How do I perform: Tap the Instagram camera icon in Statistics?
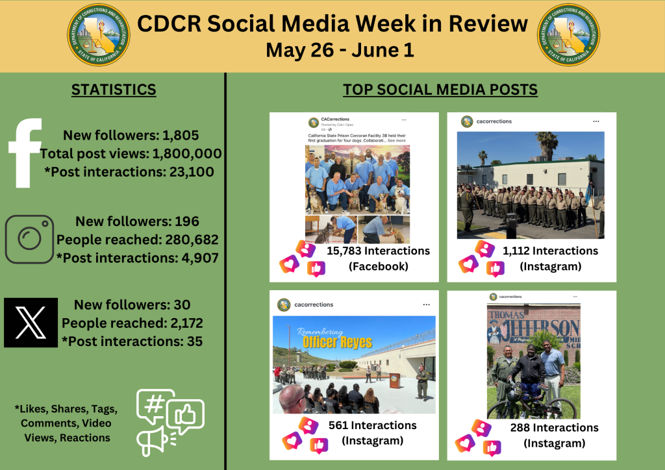[29, 239]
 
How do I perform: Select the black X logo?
[31, 323]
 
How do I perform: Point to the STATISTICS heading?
[114, 90]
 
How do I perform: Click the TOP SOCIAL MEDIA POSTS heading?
[440, 90]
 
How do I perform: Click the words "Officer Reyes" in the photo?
[338, 341]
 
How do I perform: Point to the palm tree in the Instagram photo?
[547, 143]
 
